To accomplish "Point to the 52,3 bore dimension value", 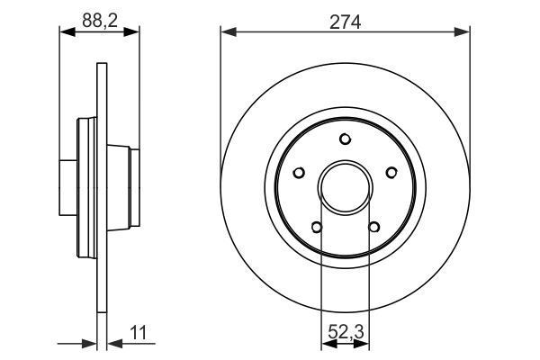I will point(346,332).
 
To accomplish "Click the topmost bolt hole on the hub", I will point(346,139).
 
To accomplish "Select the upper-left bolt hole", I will point(301,172).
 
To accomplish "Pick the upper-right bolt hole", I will point(391,172).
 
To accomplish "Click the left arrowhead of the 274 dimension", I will point(228,33).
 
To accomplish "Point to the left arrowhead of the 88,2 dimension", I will point(66,31).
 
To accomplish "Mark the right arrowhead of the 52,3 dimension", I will point(364,344).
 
